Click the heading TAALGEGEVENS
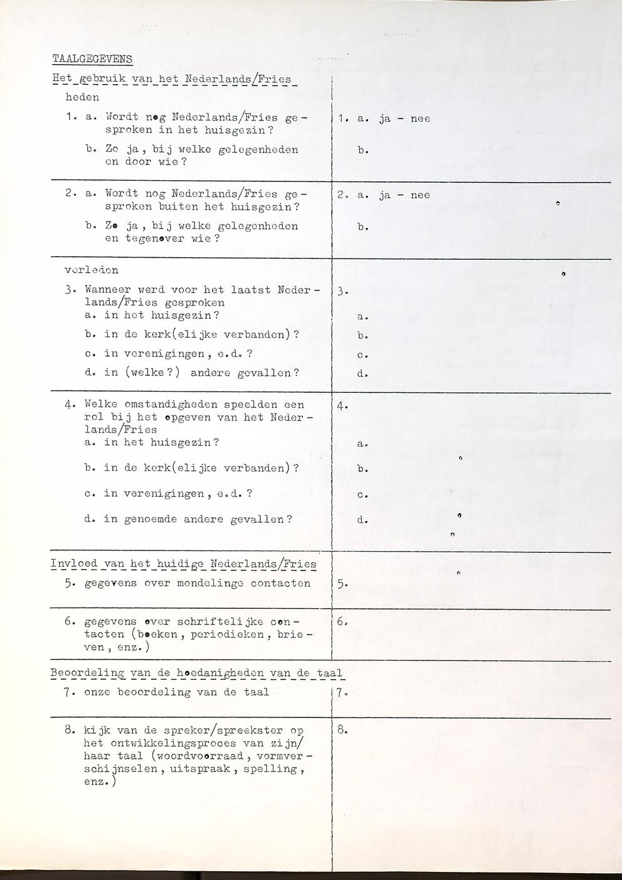click(x=92, y=60)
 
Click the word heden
click(x=82, y=97)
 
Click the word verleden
click(x=92, y=271)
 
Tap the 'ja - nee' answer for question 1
click(x=404, y=119)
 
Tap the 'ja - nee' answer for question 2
click(x=404, y=195)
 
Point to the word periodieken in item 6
click(x=237, y=635)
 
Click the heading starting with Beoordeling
click(x=196, y=673)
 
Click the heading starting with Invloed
click(x=183, y=564)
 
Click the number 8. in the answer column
click(x=342, y=730)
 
